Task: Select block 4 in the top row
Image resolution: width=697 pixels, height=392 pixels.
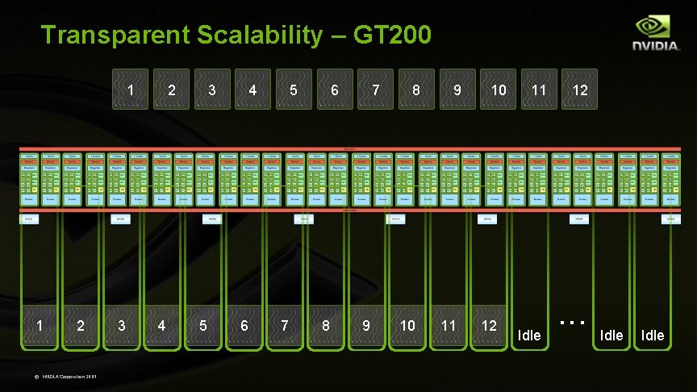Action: (253, 90)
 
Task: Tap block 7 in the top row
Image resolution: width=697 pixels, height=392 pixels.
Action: (375, 90)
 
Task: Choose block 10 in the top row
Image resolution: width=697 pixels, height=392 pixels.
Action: (499, 90)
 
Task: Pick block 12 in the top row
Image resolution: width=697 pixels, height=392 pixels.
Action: (580, 90)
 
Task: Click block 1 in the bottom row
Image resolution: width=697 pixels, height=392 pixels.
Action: (39, 326)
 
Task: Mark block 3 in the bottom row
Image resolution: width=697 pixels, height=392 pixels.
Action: (121, 326)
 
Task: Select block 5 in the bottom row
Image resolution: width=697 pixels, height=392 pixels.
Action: (202, 326)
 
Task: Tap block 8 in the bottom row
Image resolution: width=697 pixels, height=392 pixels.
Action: (325, 326)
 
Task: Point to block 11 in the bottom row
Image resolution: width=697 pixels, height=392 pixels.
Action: (449, 326)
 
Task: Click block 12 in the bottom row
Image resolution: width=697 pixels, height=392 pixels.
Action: (489, 326)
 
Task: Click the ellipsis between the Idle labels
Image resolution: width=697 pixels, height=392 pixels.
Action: (571, 323)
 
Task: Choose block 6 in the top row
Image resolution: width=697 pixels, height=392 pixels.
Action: (334, 90)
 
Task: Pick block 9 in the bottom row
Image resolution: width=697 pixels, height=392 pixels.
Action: (366, 326)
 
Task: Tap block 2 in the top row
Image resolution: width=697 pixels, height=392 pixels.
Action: (171, 90)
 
